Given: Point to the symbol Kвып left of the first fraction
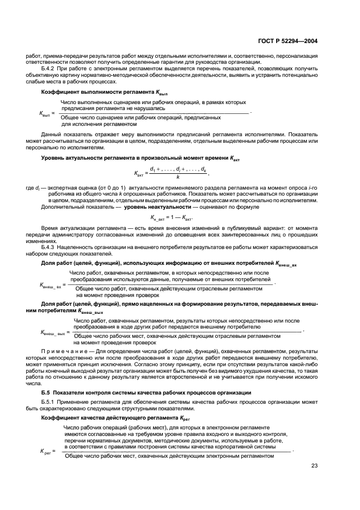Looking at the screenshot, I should pyautogui.click(x=46, y=113).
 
